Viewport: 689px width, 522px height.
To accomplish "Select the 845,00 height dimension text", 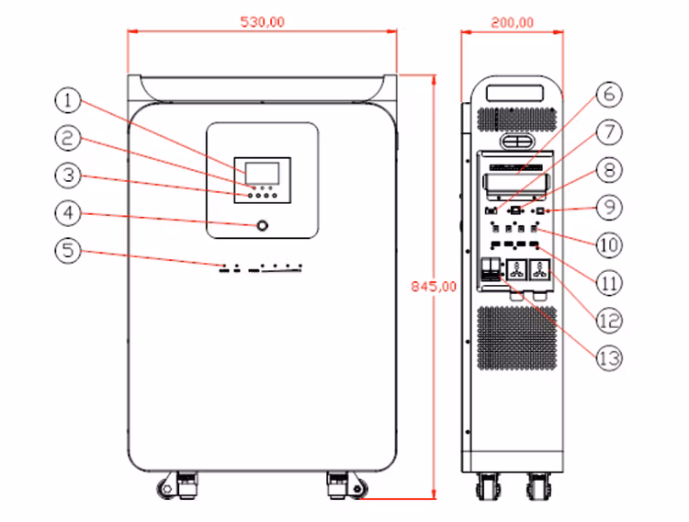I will pyautogui.click(x=433, y=287).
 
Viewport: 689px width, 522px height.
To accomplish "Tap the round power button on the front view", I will pyautogui.click(x=264, y=225).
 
